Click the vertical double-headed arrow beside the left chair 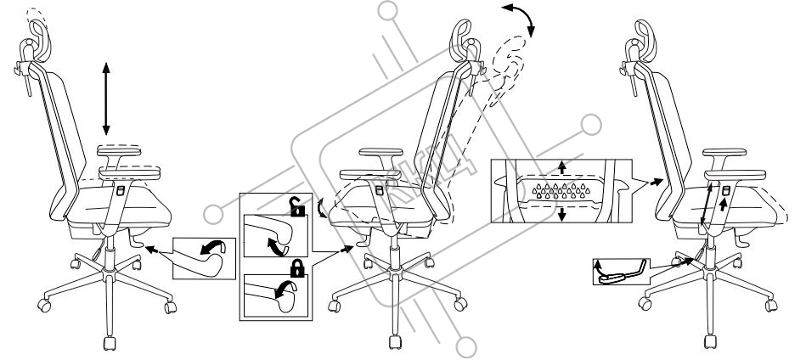pos(105,98)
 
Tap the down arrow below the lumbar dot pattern pos(560,214)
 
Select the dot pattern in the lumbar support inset pos(561,190)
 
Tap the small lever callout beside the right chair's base pos(617,272)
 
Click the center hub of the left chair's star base pos(108,275)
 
